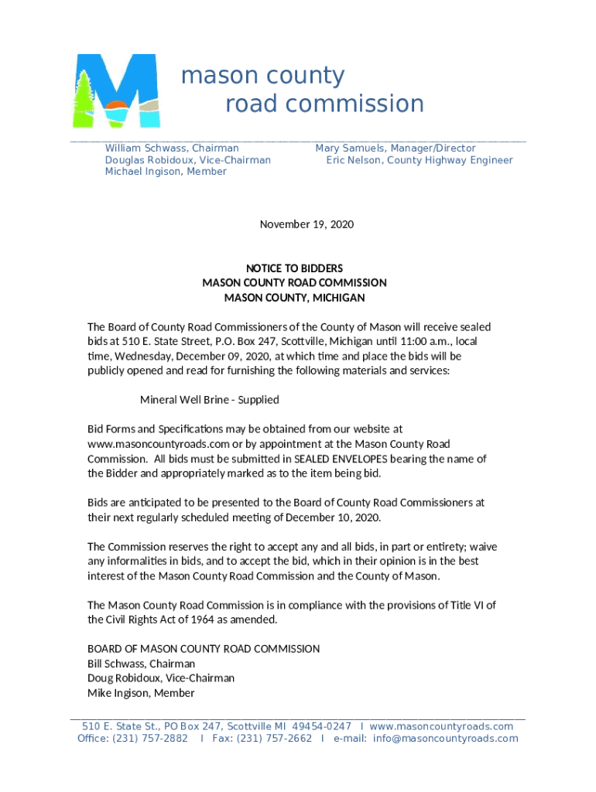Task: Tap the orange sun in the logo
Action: pos(115,104)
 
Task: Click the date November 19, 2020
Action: pos(307,224)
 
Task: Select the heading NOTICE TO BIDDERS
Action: pos(294,268)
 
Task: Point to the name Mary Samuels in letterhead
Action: pos(351,148)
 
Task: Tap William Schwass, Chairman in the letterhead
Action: pos(172,148)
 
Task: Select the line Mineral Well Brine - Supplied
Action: pos(209,400)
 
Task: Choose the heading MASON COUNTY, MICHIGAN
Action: pos(294,298)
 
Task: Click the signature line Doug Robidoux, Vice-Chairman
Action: pos(161,678)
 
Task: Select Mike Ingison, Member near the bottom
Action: pos(141,693)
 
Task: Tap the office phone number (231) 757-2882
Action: pos(150,739)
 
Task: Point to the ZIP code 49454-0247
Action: pos(322,726)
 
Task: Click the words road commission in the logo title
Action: pos(324,104)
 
